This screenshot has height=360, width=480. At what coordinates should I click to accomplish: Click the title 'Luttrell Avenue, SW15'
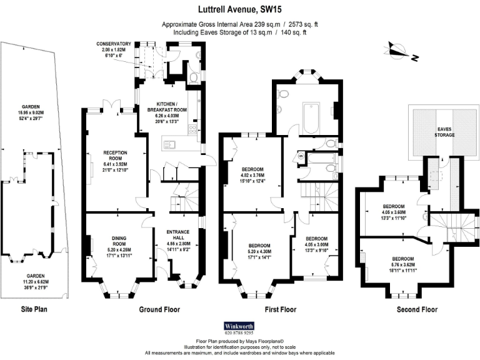coord(240,9)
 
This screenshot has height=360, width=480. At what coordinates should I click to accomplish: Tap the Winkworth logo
coord(240,326)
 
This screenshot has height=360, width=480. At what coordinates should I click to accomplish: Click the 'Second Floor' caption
coord(417,309)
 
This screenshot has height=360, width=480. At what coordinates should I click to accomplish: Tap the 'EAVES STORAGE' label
coord(444,131)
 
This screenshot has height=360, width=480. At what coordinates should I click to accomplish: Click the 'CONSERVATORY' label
coord(114,44)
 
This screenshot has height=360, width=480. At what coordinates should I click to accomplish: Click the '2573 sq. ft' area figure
coord(299,24)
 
